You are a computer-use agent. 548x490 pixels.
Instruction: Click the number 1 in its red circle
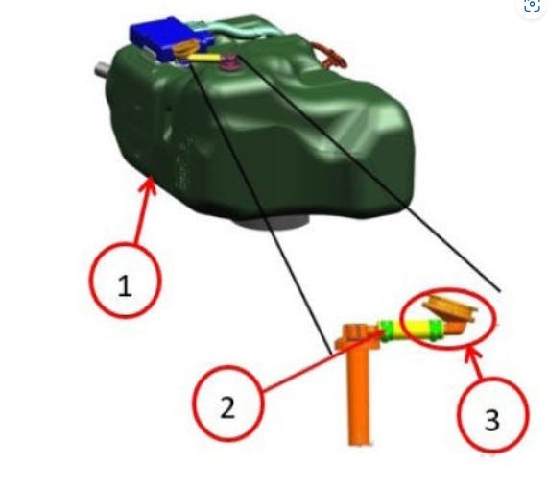[x=125, y=284]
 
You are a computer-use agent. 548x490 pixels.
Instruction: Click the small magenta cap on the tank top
[x=230, y=64]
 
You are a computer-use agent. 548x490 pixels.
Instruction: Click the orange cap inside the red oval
[x=449, y=311]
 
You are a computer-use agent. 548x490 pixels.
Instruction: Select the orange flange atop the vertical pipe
[x=356, y=334]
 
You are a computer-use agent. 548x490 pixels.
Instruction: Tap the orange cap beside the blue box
[x=185, y=47]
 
